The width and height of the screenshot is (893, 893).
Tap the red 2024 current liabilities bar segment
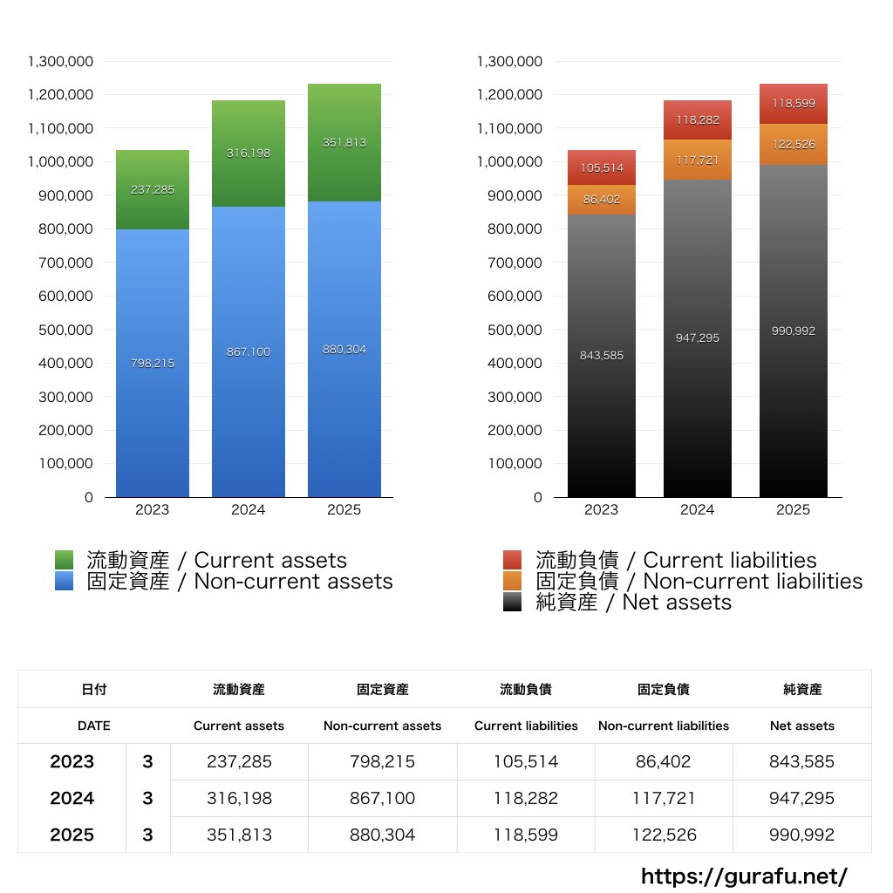point(698,120)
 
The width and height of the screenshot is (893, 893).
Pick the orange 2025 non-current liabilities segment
point(794,145)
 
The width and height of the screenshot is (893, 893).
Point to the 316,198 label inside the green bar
point(249,153)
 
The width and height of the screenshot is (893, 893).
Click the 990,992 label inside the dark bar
point(794,331)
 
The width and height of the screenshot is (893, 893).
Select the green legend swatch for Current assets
point(65,560)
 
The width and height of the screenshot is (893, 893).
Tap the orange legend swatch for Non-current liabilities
point(513,581)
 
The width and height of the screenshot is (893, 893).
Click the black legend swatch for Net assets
point(513,602)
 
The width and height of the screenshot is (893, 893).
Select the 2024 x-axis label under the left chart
point(249,510)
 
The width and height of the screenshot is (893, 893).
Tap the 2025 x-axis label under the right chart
point(794,510)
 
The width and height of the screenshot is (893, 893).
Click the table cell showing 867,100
point(382,798)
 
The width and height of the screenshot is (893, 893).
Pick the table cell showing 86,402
point(664,761)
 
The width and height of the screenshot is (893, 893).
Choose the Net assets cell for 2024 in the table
point(801,798)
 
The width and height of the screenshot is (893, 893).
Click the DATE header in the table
point(94,726)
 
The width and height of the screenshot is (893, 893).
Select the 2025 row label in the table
point(72,835)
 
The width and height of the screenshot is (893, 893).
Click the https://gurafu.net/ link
point(744,876)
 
